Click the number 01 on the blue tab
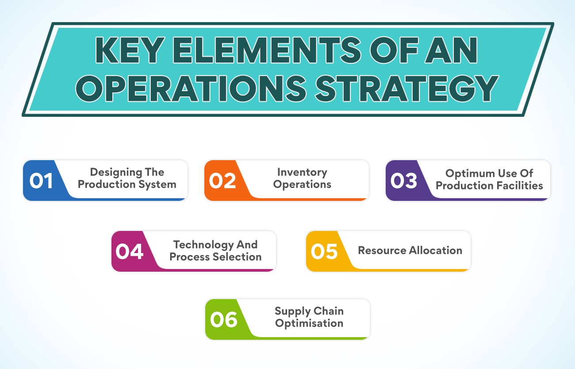41,181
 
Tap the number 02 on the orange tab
222,181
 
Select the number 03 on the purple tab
403,181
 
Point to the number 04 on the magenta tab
129,251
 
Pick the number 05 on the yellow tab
324,251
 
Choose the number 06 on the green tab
223,320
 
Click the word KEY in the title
130,50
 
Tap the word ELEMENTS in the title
267,50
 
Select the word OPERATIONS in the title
191,88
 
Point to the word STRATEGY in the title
406,88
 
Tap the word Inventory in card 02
302,173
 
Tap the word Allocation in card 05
435,250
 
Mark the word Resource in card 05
382,250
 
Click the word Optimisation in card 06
309,323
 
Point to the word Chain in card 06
329,311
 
